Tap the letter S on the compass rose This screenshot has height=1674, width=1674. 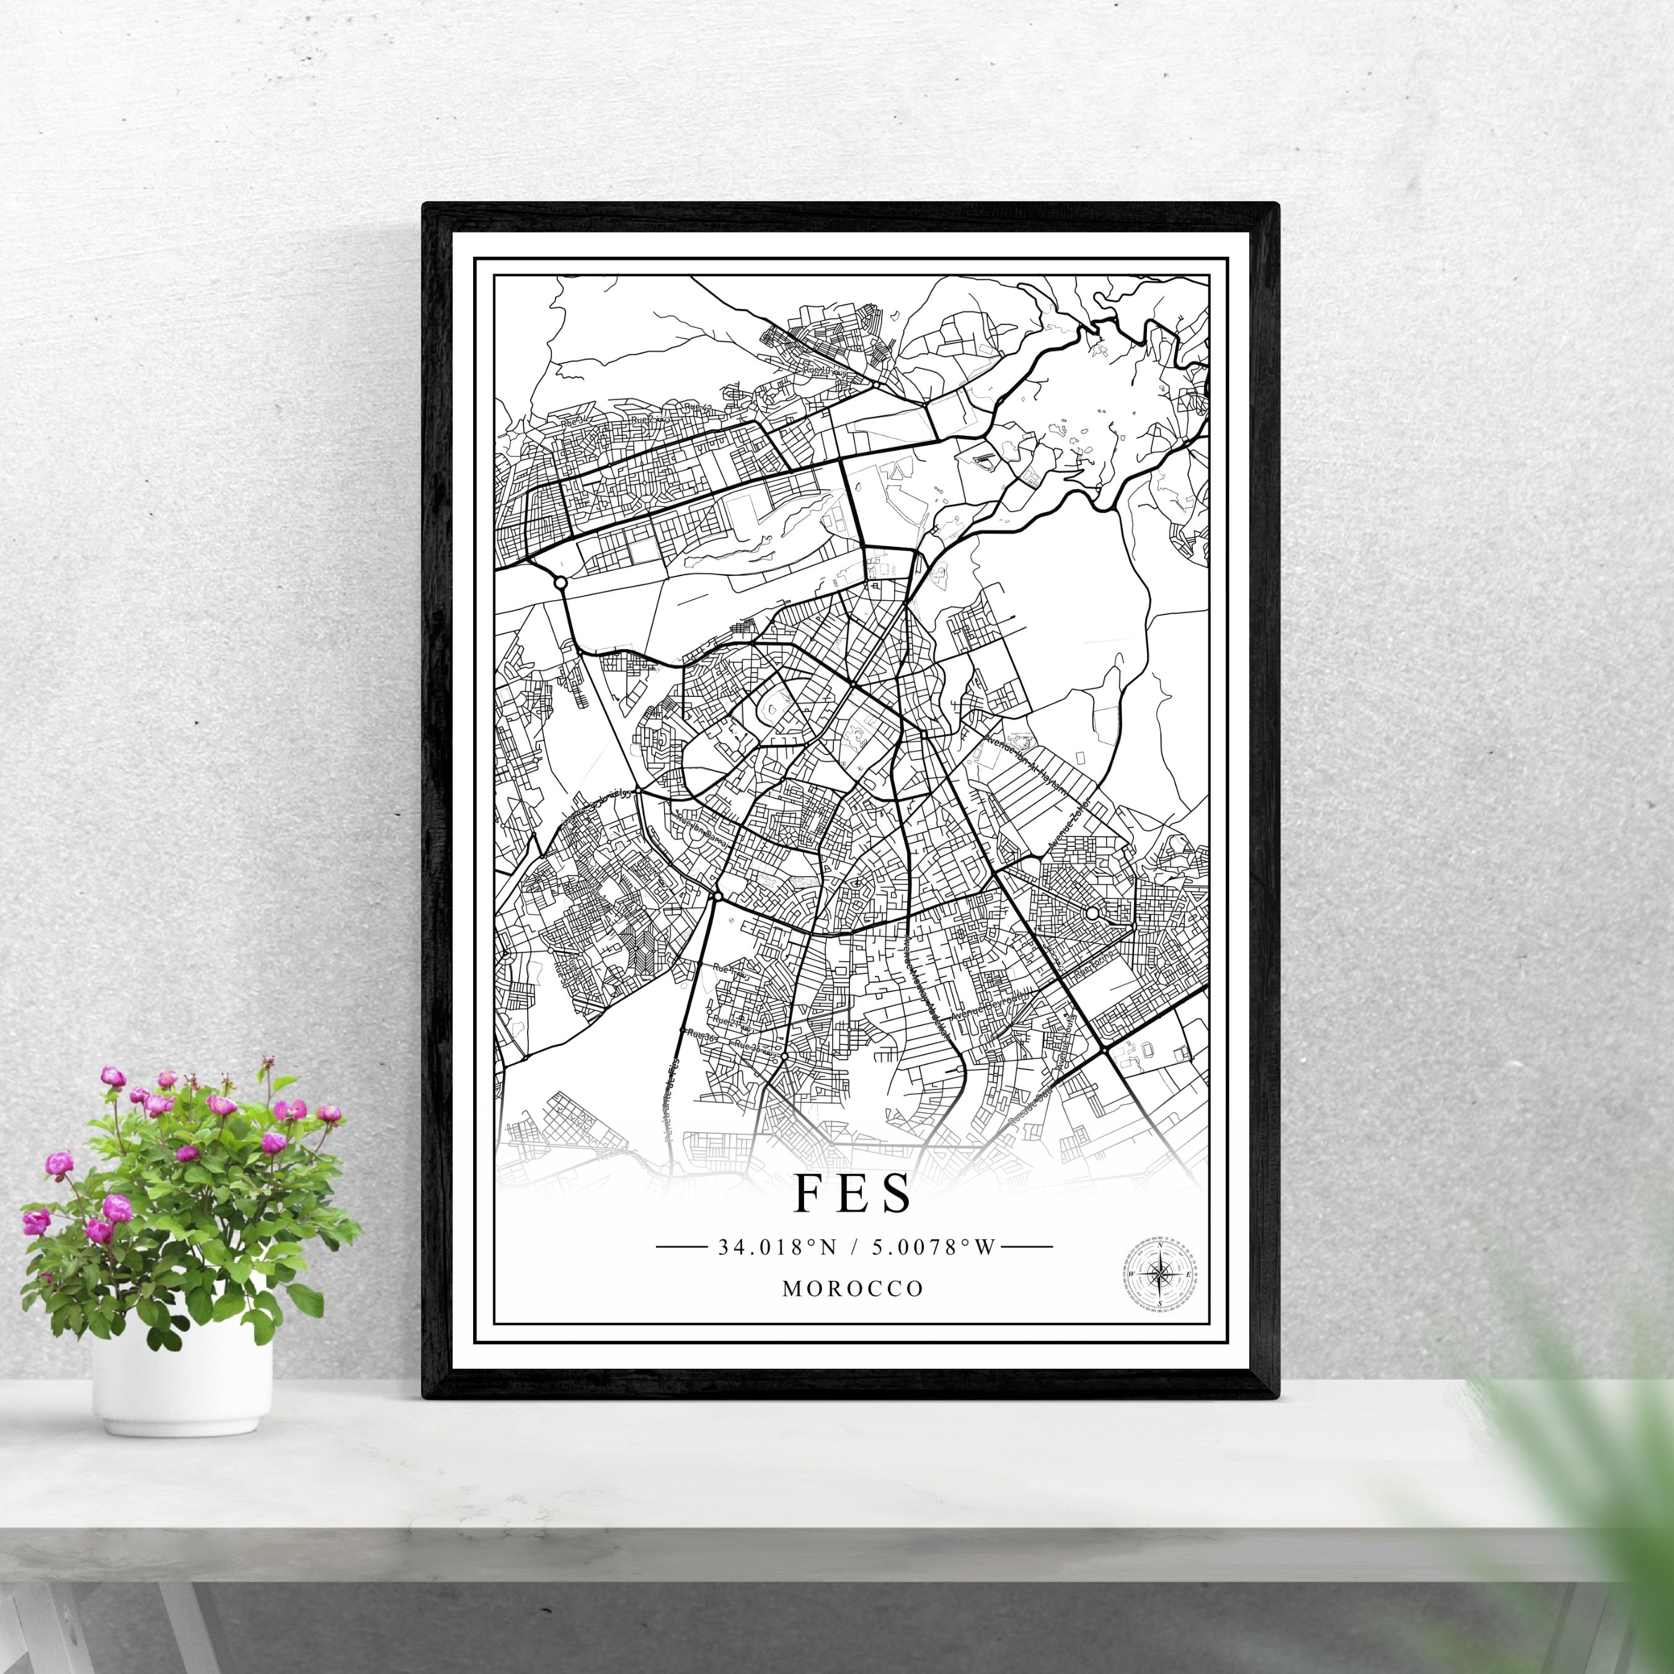click(1159, 1301)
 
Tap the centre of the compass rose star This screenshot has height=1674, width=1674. click(1159, 1273)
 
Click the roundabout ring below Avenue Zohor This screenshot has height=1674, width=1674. click(1092, 913)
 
